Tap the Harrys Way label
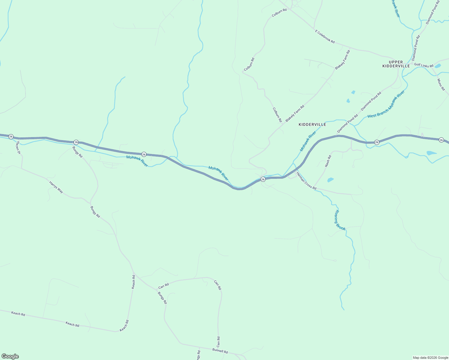coord(56,187)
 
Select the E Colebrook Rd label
coord(325,36)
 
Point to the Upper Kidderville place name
coord(396,64)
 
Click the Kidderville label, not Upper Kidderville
coord(312,124)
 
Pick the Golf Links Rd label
coord(424,65)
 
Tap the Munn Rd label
coord(441,85)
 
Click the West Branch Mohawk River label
coord(386,104)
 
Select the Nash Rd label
coord(328,161)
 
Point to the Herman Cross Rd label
coord(306,181)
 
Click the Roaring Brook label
coord(340,220)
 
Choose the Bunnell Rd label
coord(220,351)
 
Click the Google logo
coord(10,356)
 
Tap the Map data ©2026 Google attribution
coord(430,358)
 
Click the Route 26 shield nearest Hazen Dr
coord(11,136)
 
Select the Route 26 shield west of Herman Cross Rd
coord(263,179)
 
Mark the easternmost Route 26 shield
coord(441,140)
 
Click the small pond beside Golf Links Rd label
coord(438,66)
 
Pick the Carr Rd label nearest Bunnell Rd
coord(218,342)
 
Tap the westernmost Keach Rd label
coord(18,313)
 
